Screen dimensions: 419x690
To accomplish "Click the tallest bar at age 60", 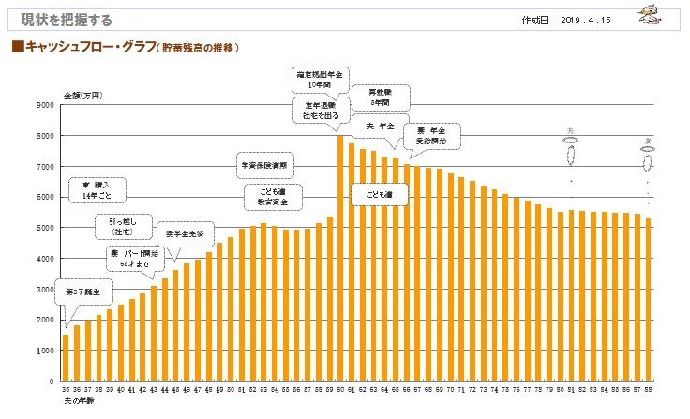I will [340, 258].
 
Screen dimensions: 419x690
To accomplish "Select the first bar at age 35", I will [66, 358].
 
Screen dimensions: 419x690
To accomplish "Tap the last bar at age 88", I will [648, 300].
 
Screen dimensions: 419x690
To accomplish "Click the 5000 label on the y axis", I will [44, 228].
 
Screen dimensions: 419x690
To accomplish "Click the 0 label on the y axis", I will [51, 382].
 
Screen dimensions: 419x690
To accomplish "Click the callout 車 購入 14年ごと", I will [97, 190].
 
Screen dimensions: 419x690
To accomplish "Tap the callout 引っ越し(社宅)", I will [122, 226].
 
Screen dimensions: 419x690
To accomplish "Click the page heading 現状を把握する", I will [58, 20].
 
